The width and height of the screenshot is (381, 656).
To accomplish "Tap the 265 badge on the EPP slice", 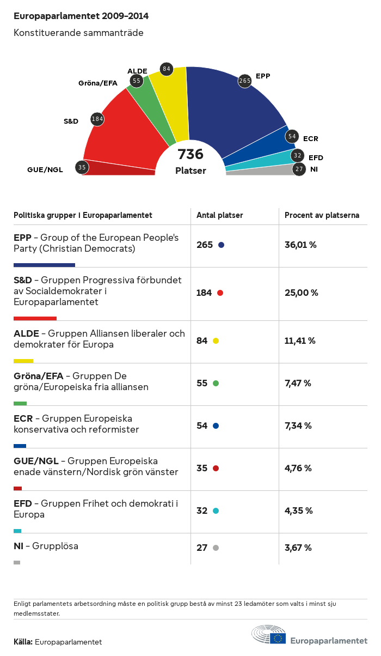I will click(245, 81).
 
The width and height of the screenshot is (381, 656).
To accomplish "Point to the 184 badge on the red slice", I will click(97, 119).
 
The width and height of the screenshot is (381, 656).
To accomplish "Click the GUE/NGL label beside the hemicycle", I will click(45, 169).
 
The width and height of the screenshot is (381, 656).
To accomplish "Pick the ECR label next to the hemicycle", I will click(310, 139).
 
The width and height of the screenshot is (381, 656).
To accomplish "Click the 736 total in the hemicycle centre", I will click(190, 155).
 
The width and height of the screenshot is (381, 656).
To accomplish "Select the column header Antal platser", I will click(220, 215).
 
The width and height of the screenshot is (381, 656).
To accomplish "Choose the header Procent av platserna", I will click(322, 215).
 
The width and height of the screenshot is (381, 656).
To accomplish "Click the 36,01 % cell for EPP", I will click(300, 245).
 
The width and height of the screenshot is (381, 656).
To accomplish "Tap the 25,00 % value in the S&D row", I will click(301, 293).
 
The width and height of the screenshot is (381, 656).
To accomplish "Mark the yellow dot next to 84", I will click(216, 341).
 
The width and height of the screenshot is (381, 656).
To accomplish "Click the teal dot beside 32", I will click(216, 511).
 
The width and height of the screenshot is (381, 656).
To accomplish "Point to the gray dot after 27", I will click(216, 548).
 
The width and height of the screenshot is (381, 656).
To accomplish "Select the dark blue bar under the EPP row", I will click(44, 265).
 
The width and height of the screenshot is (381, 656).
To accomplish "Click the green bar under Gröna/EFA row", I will click(20, 403).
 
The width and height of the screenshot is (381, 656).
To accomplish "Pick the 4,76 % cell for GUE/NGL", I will click(298, 468).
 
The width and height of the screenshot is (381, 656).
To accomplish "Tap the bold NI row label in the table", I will click(19, 546).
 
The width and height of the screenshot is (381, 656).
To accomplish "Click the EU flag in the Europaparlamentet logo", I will click(279, 639).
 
